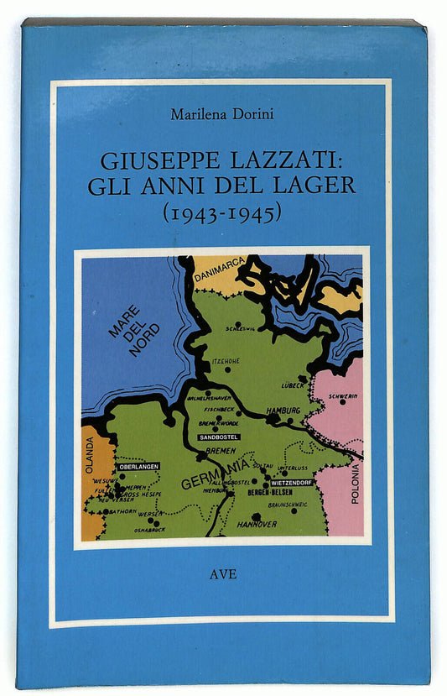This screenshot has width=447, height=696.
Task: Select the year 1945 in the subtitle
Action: pyautogui.click(x=252, y=213)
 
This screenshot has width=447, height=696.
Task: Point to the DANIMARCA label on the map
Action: pyautogui.click(x=218, y=268)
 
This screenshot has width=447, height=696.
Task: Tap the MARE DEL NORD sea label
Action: pyautogui.click(x=134, y=329)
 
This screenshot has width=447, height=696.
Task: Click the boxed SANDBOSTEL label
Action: pyautogui.click(x=219, y=437)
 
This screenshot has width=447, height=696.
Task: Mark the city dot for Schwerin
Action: pyautogui.click(x=342, y=401)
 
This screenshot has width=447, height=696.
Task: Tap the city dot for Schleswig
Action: pyautogui.click(x=238, y=324)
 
